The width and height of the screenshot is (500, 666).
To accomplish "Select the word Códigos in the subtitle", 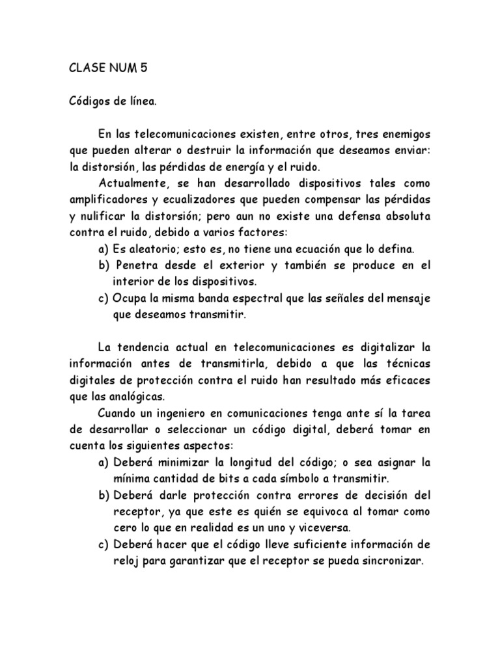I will (x=90, y=101).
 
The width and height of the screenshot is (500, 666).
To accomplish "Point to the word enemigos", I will (x=406, y=135).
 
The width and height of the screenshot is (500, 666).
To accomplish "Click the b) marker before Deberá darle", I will (x=103, y=496).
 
